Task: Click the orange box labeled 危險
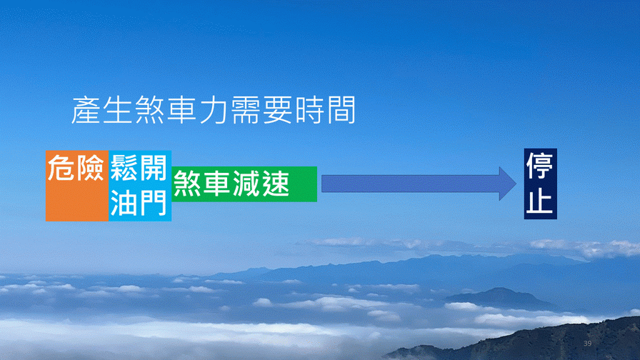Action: [77, 186]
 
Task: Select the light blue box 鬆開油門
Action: [140, 186]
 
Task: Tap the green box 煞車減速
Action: [244, 184]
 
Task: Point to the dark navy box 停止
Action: [541, 184]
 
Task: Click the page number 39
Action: [587, 344]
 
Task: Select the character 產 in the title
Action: [86, 110]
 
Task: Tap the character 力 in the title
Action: [214, 110]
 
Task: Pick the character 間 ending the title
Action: [342, 110]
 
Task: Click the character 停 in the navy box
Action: [540, 166]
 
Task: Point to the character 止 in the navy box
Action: [540, 200]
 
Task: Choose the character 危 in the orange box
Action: [61, 168]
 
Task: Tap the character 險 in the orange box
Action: [91, 168]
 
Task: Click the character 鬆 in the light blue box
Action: [124, 168]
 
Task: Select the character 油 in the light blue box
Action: [124, 202]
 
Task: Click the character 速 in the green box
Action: [276, 184]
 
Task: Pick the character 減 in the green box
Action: [246, 184]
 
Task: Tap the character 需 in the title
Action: [246, 110]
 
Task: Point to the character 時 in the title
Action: [310, 110]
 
